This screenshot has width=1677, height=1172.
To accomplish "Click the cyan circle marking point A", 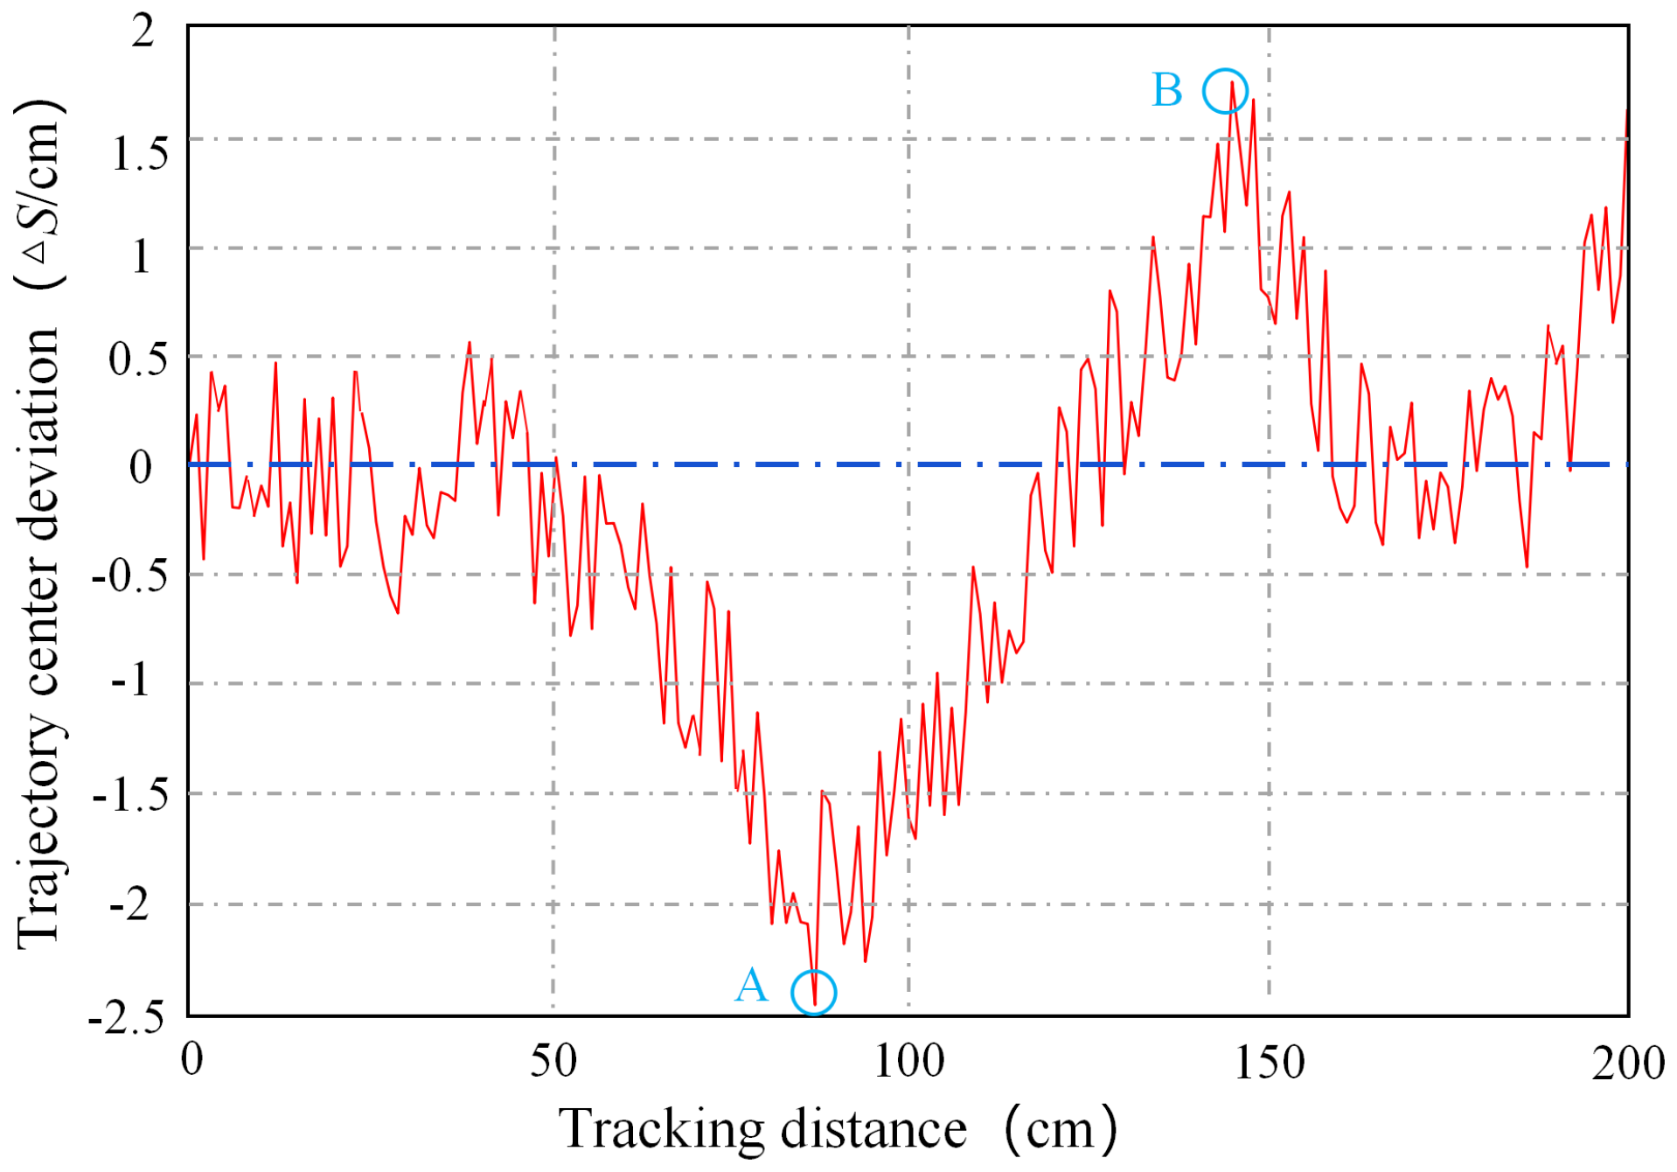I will (x=813, y=993).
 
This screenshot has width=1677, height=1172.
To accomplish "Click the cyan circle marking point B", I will (x=1224, y=91).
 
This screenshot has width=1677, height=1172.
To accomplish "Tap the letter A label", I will (x=751, y=987).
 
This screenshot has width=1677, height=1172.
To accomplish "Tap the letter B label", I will (x=1167, y=90).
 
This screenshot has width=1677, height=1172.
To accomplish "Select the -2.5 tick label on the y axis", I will (x=128, y=1017).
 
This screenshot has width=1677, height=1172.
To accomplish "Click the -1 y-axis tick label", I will (x=131, y=680).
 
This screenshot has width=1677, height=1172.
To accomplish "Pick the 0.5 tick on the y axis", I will (x=138, y=359).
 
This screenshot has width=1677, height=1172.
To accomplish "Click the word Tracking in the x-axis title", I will (x=662, y=1130).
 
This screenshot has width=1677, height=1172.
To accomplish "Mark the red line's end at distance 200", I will (x=1626, y=112).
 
